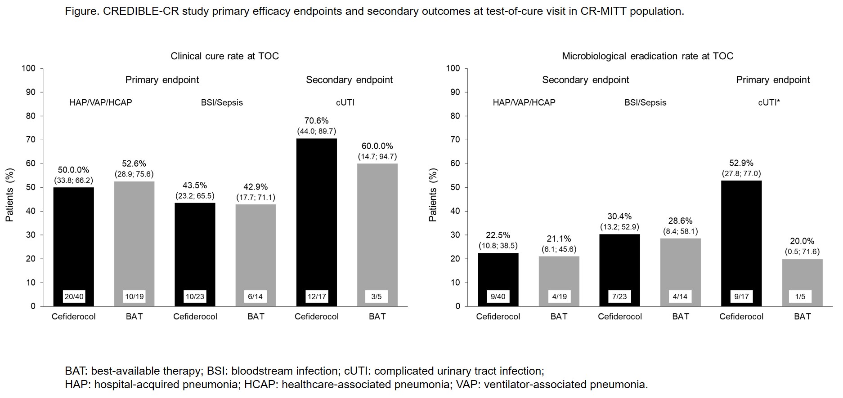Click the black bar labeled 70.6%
click(x=316, y=216)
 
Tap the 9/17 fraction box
click(x=741, y=296)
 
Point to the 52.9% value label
click(x=741, y=163)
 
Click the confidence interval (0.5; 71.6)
click(x=802, y=252)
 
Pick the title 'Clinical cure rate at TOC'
click(x=224, y=56)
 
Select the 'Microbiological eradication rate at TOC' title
click(x=647, y=56)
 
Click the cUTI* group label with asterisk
click(x=769, y=102)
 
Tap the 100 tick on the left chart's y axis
click(x=29, y=68)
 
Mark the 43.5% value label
click(x=195, y=186)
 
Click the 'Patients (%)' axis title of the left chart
click(x=10, y=195)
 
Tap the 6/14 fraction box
click(x=256, y=296)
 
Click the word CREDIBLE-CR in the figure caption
click(x=141, y=11)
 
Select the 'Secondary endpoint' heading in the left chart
click(x=349, y=80)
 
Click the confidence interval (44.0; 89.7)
click(x=316, y=131)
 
